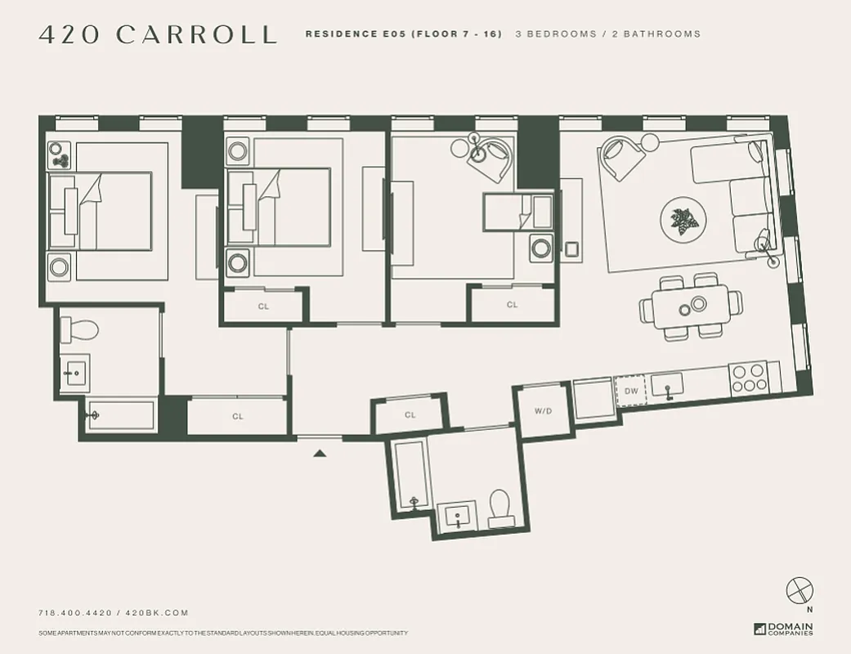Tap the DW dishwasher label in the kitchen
[x=630, y=392]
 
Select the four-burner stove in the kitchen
[x=748, y=378]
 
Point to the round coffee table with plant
[x=679, y=218]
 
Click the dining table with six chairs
[x=691, y=306]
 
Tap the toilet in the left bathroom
[x=79, y=329]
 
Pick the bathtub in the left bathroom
[x=120, y=415]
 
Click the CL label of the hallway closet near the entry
[x=410, y=415]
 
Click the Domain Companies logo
[x=783, y=629]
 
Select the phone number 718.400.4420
[x=77, y=613]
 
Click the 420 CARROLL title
[x=158, y=34]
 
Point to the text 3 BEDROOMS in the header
[x=556, y=34]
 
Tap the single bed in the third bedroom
[x=517, y=212]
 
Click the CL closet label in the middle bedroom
[x=263, y=307]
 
